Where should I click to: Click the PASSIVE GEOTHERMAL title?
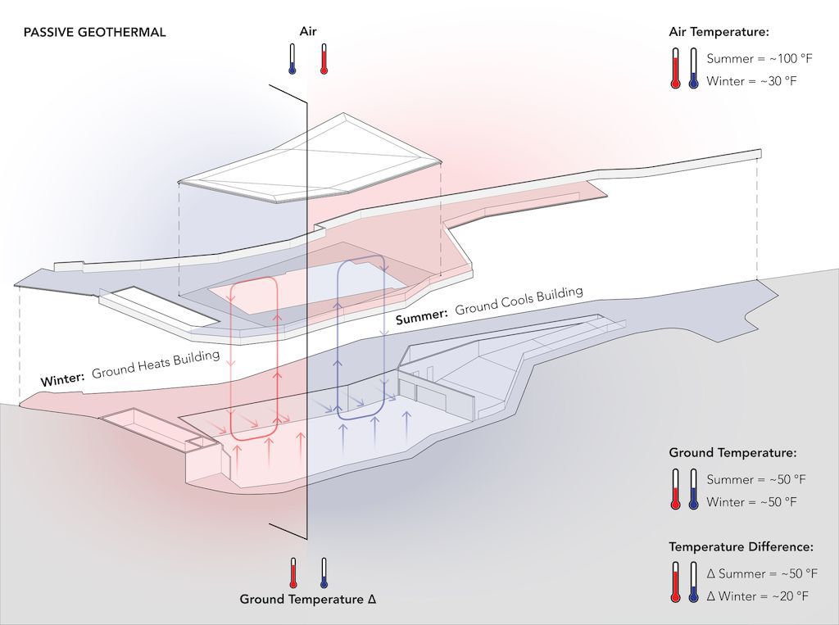coord(95,33)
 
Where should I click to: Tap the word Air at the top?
coord(308,32)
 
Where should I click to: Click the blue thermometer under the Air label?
coord(292,59)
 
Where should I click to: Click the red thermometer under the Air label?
coord(324,59)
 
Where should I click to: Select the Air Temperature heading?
coord(719,32)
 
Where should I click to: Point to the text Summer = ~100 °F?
coord(751,60)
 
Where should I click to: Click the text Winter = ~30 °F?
coord(751,81)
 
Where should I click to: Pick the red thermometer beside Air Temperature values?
coord(675,68)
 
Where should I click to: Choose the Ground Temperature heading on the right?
coord(732,452)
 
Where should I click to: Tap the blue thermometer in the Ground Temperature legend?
coord(694,489)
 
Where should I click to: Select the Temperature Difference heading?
coord(741,546)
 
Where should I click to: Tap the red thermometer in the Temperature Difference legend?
coord(675,582)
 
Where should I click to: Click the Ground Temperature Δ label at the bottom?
coord(308,599)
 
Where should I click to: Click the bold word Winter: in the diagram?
coord(63,379)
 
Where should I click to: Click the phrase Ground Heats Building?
coord(156,365)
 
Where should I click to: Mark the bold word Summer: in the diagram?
coord(422,316)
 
